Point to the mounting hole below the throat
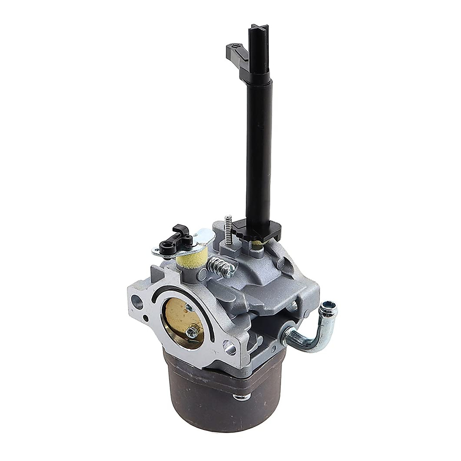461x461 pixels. [x=231, y=349]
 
